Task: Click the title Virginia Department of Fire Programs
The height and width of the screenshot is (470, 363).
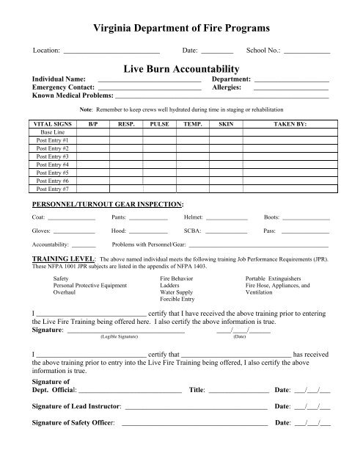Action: tap(181, 28)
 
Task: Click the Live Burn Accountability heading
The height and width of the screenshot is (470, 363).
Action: tap(181, 68)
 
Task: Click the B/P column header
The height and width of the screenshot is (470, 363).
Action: tap(93, 125)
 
